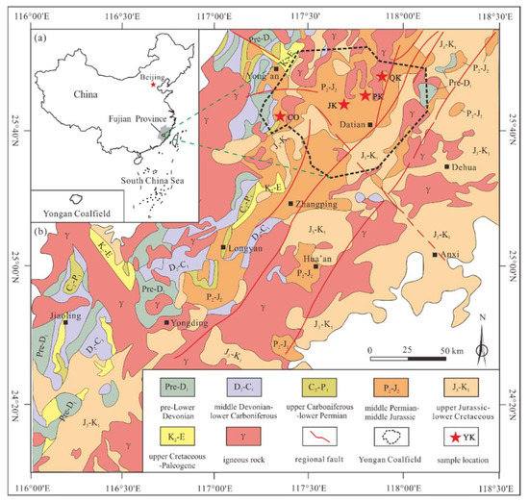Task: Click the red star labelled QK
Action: tap(382, 76)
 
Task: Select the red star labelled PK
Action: tap(365, 94)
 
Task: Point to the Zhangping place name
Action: tap(316, 204)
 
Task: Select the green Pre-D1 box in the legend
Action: tap(169, 389)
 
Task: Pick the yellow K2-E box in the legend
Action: tap(170, 434)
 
